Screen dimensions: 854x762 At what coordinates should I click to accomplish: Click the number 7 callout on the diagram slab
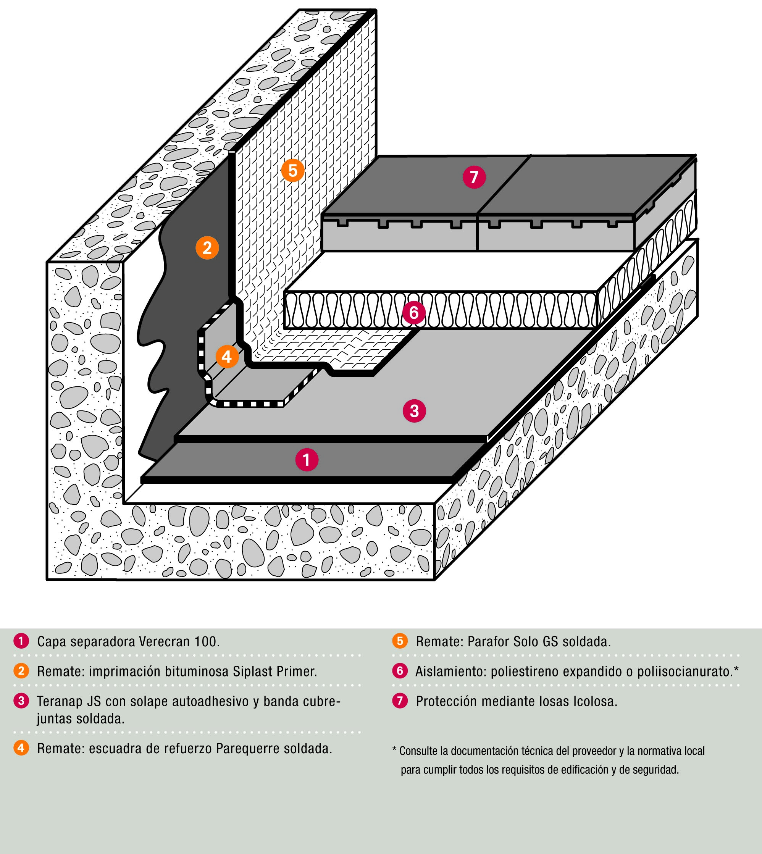pyautogui.click(x=474, y=177)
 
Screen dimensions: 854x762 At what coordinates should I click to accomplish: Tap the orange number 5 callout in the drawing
pyautogui.click(x=293, y=170)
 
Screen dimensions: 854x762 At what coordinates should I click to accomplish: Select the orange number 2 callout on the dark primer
pyautogui.click(x=207, y=248)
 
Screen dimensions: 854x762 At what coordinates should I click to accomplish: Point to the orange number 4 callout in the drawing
pyautogui.click(x=227, y=357)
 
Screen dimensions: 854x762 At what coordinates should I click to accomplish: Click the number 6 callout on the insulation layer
pyautogui.click(x=414, y=312)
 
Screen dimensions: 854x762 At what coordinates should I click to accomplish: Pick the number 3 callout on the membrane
pyautogui.click(x=415, y=411)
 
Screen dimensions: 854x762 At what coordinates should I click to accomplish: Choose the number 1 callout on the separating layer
pyautogui.click(x=307, y=460)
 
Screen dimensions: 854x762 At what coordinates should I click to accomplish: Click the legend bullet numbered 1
pyautogui.click(x=21, y=641)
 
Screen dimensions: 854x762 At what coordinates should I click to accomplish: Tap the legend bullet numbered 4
pyautogui.click(x=21, y=748)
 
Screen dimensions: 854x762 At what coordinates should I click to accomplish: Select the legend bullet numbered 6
pyautogui.click(x=400, y=671)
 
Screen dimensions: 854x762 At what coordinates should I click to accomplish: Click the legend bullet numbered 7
pyautogui.click(x=400, y=701)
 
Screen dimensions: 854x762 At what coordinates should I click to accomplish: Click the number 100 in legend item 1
pyautogui.click(x=207, y=642)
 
